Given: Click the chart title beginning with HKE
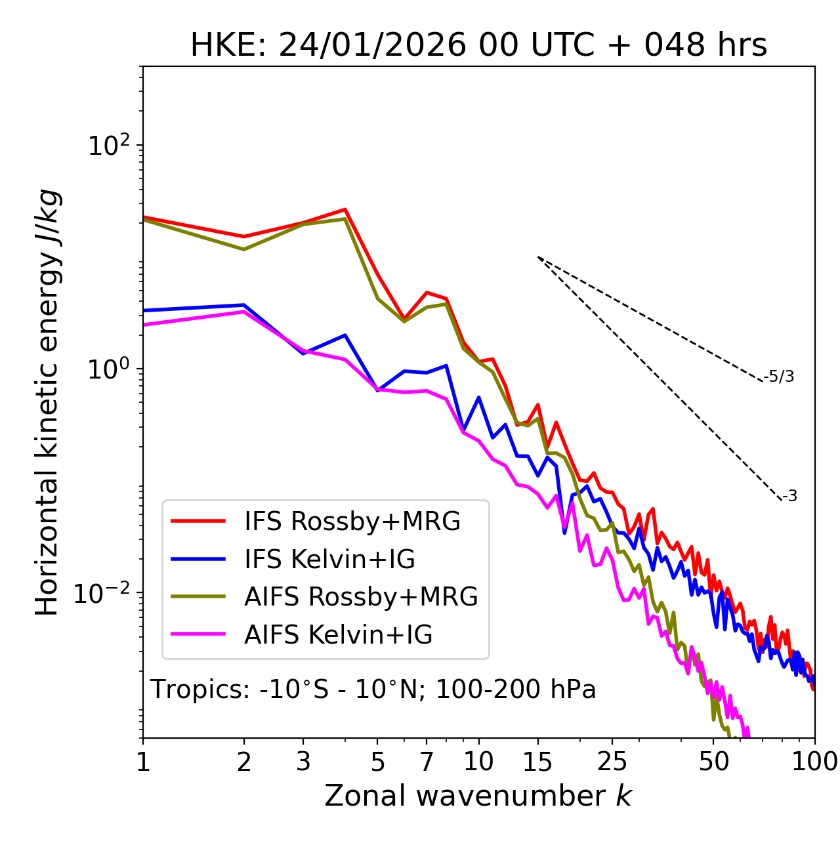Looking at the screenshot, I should [x=478, y=45].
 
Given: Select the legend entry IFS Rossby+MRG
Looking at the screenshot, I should [x=352, y=522].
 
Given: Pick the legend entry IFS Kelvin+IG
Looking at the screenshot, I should [x=329, y=560].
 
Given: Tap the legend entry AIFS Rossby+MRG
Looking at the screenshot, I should [x=360, y=597].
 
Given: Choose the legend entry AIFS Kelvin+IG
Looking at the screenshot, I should [x=338, y=635].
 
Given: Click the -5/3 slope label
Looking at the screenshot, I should [x=779, y=377].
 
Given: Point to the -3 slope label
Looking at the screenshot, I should [x=789, y=497].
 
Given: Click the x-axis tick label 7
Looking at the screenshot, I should [x=427, y=762].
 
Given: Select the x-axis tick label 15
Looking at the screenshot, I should [x=538, y=762].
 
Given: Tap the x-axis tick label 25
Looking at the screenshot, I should [x=612, y=762].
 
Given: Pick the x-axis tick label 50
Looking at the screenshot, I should [x=713, y=762].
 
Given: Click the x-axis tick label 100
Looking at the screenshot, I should [x=814, y=762].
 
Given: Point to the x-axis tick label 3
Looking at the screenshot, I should [x=303, y=762].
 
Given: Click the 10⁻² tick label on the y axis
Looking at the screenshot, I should [x=105, y=593].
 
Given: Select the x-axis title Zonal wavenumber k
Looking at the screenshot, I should [x=478, y=796].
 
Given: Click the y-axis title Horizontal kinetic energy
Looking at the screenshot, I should [x=47, y=403].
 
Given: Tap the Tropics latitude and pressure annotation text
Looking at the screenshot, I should [x=373, y=690].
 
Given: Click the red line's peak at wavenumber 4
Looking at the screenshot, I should [x=345, y=210].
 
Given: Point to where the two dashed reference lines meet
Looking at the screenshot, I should [x=538, y=257].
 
